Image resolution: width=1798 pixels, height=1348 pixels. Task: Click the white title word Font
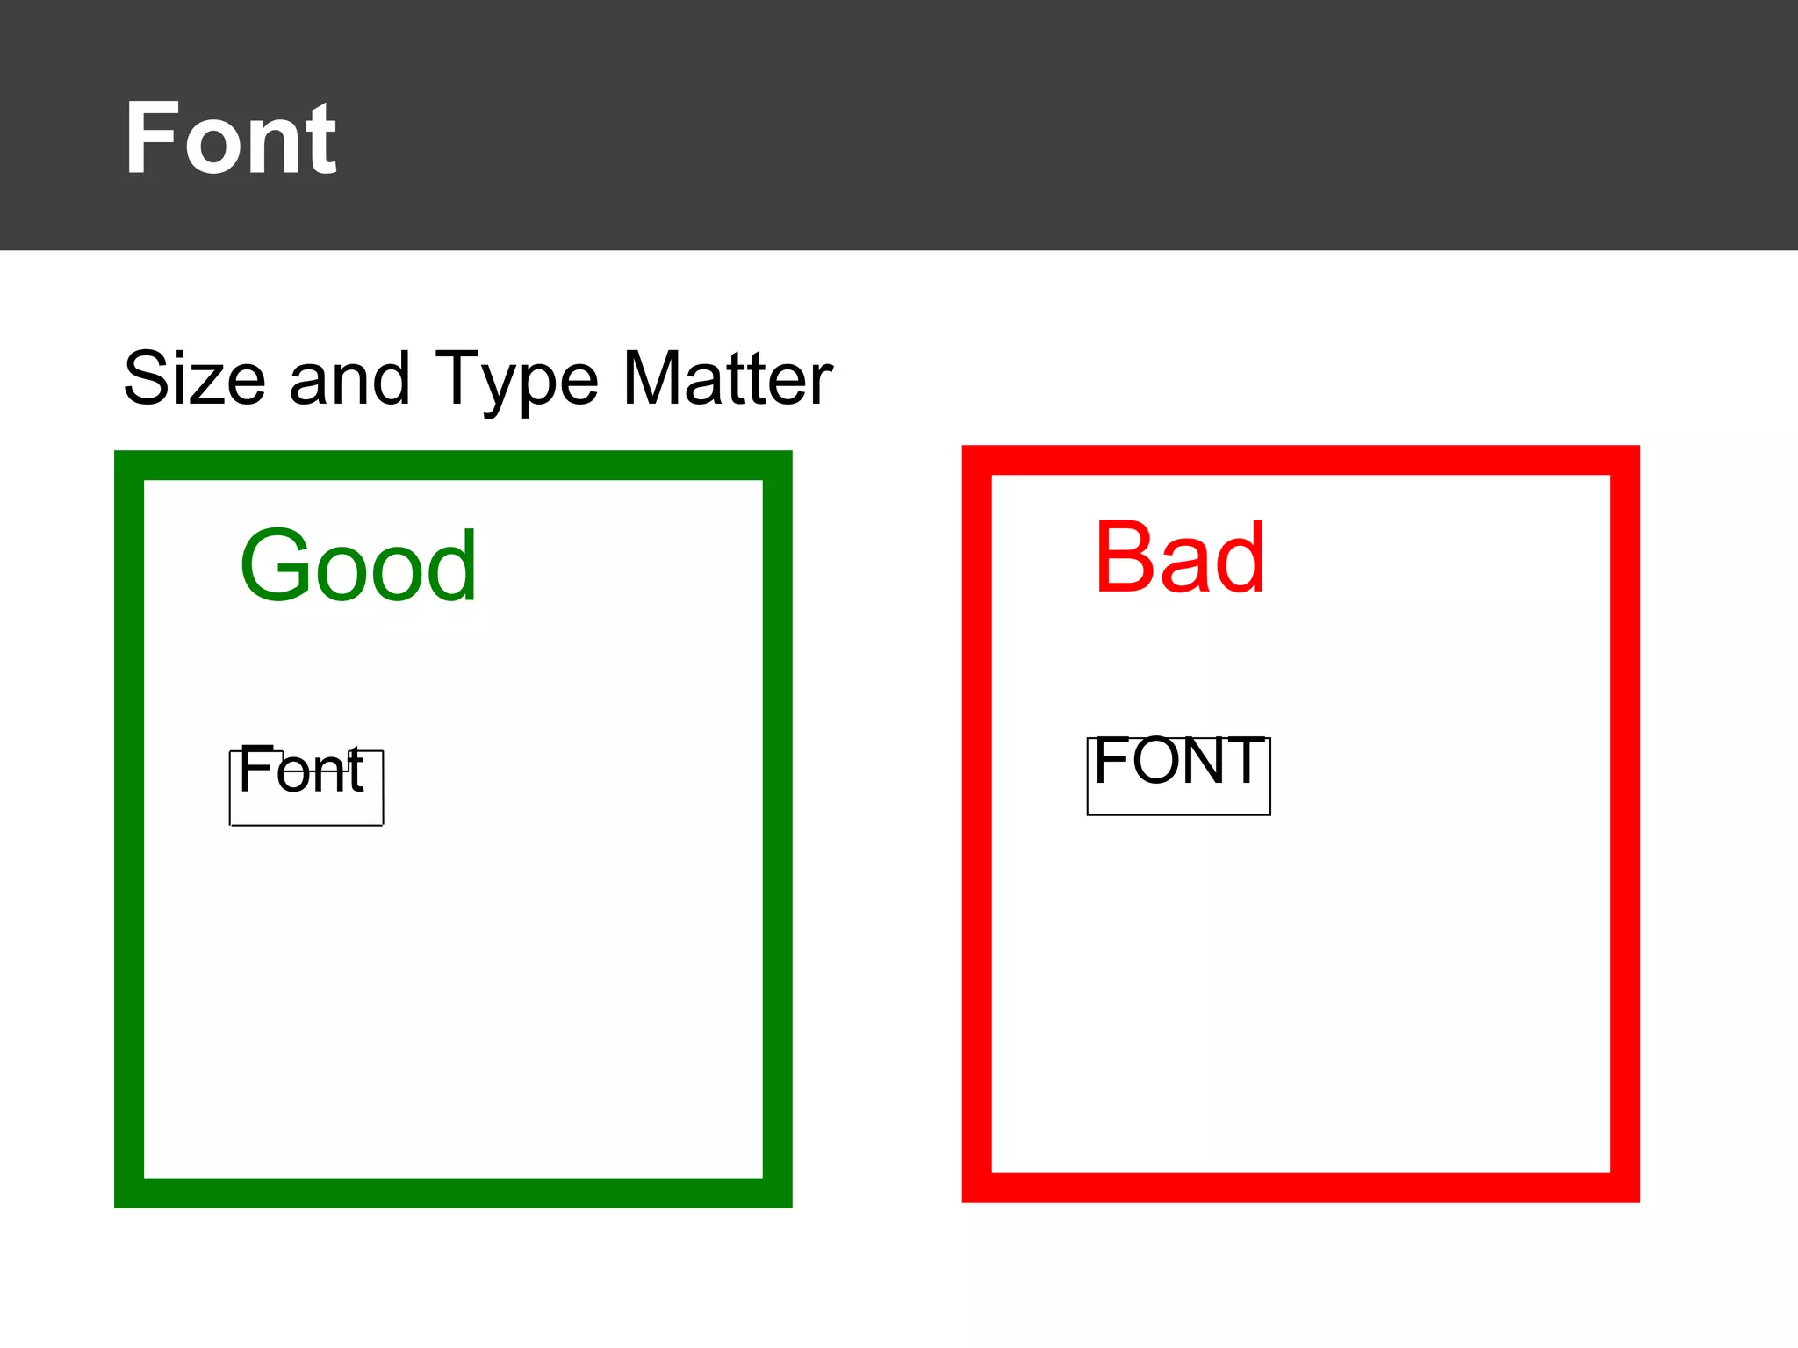(x=230, y=139)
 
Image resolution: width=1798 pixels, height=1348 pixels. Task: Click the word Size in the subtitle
(x=194, y=378)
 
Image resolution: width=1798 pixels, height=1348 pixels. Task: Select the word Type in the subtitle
(x=516, y=380)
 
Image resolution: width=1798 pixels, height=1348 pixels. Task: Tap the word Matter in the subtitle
(x=728, y=378)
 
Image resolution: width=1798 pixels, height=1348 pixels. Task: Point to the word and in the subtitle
(x=349, y=378)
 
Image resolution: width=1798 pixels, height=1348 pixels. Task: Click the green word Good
(x=358, y=566)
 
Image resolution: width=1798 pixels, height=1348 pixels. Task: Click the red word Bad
(x=1179, y=558)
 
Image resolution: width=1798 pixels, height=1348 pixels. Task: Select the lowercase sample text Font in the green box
(x=300, y=771)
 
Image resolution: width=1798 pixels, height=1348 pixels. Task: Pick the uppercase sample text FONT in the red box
(x=1179, y=761)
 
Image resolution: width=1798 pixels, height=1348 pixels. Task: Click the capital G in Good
(x=271, y=566)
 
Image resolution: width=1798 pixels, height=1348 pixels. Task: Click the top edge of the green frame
(x=453, y=465)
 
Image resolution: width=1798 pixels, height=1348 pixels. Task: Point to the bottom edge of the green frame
(x=453, y=1193)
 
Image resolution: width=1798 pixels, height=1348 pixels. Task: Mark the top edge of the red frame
(x=1300, y=460)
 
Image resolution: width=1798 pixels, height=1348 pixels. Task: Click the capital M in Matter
(x=655, y=378)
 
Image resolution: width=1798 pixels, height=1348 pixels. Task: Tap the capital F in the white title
(x=150, y=139)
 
